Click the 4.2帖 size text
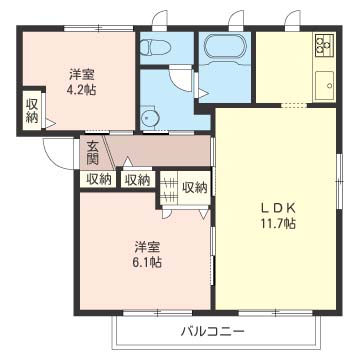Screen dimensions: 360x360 click(x=82, y=88)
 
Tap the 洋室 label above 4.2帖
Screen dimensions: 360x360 click(x=82, y=73)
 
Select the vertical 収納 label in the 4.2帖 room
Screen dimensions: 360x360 click(x=32, y=108)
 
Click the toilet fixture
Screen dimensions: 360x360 click(x=157, y=47)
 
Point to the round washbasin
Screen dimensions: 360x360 click(x=152, y=118)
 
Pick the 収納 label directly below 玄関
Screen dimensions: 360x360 click(x=98, y=180)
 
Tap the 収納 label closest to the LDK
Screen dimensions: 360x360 click(x=194, y=186)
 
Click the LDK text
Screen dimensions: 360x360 click(x=278, y=208)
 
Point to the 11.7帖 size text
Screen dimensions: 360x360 click(x=278, y=223)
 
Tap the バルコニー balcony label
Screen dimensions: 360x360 click(x=212, y=331)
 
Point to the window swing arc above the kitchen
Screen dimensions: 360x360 click(x=292, y=20)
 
